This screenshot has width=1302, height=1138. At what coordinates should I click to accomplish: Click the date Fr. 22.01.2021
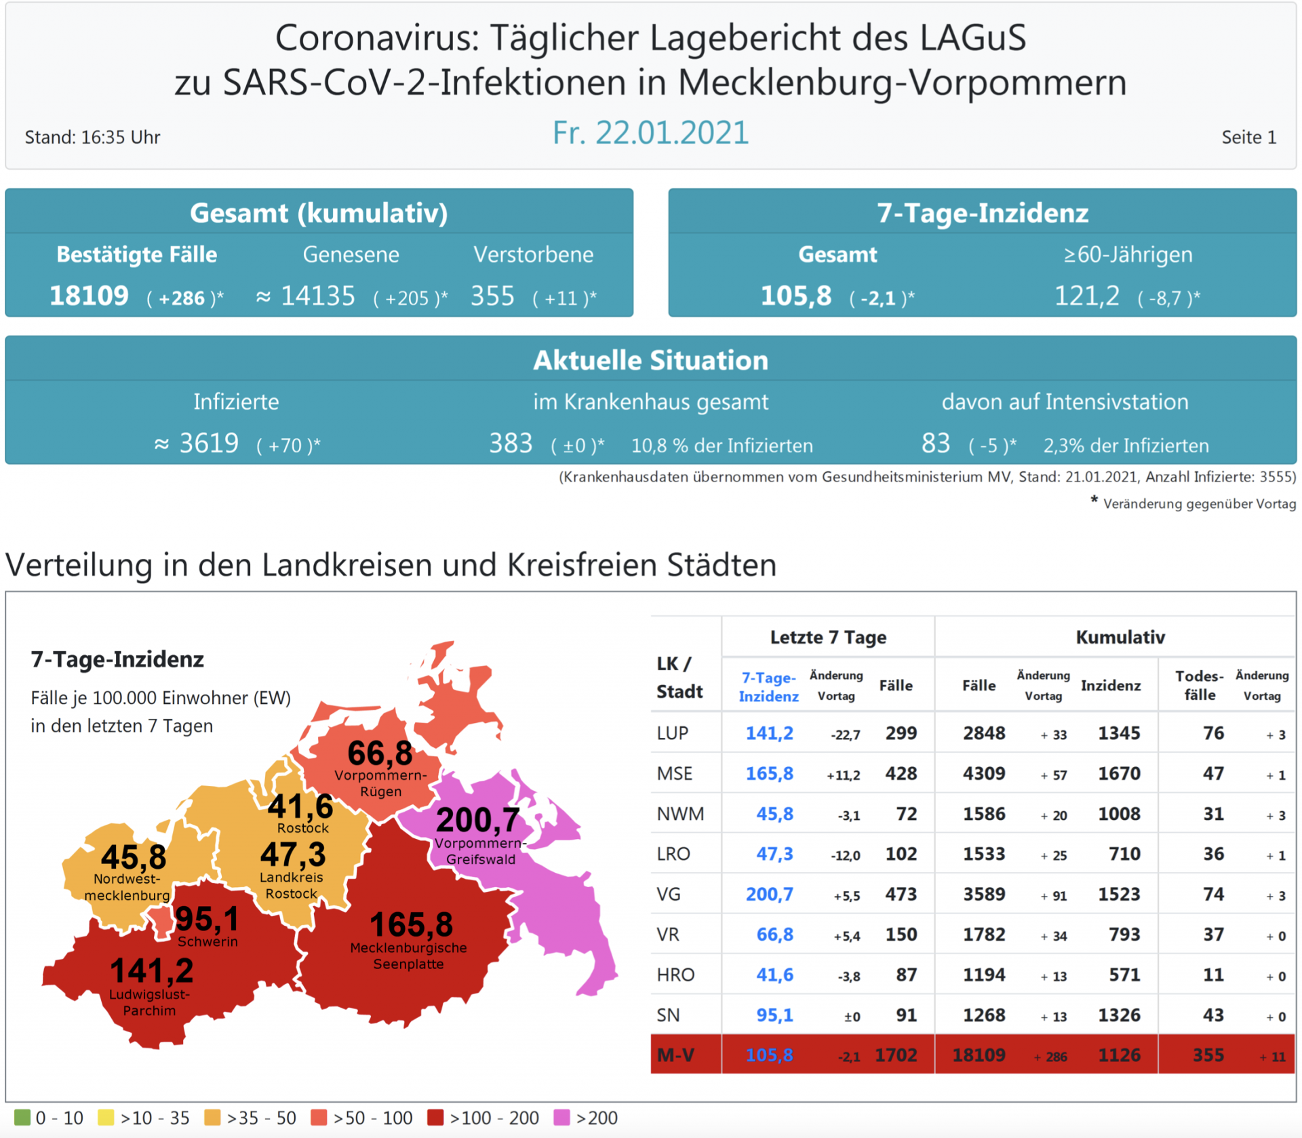pyautogui.click(x=650, y=132)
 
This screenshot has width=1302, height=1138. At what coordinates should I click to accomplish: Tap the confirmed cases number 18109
pyautogui.click(x=89, y=296)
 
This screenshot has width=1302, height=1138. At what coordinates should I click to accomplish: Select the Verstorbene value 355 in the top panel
pyautogui.click(x=492, y=296)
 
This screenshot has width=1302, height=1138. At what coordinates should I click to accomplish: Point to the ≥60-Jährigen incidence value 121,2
pyautogui.click(x=1086, y=296)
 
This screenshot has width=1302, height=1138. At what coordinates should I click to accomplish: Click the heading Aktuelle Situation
pyautogui.click(x=650, y=360)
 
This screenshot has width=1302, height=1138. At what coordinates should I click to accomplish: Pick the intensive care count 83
pyautogui.click(x=935, y=444)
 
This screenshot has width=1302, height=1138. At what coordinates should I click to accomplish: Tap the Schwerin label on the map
pyautogui.click(x=208, y=941)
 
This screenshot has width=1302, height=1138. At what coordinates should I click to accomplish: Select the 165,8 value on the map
pyautogui.click(x=411, y=924)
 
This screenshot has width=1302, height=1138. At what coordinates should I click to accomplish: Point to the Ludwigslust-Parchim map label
pyautogui.click(x=149, y=1002)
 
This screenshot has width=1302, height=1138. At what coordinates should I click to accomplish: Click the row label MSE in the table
pyautogui.click(x=674, y=773)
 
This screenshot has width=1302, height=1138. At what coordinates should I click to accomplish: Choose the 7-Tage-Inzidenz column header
pyautogui.click(x=768, y=686)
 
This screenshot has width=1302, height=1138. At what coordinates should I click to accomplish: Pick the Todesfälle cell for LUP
pyautogui.click(x=1212, y=733)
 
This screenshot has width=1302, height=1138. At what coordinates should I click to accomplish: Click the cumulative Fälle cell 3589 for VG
pyautogui.click(x=984, y=894)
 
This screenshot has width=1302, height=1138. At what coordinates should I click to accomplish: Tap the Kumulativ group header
pyautogui.click(x=1120, y=637)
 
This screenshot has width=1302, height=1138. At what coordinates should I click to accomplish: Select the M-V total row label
pyautogui.click(x=675, y=1055)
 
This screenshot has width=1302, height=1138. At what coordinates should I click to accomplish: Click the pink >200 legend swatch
pyautogui.click(x=561, y=1117)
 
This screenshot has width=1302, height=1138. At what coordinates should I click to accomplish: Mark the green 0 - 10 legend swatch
pyautogui.click(x=22, y=1117)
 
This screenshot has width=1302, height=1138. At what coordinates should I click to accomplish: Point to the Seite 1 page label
pyautogui.click(x=1248, y=137)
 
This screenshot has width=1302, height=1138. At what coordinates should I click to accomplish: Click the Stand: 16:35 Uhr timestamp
pyautogui.click(x=93, y=137)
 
